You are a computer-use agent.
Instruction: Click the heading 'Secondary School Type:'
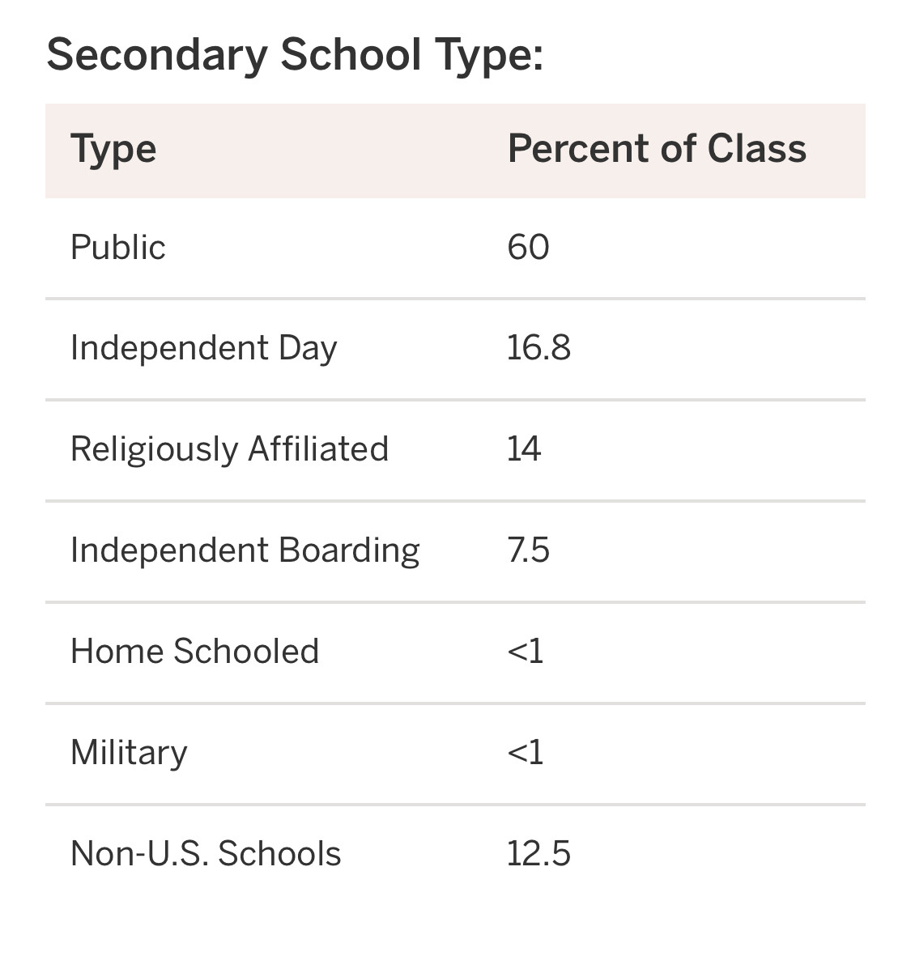coord(295,55)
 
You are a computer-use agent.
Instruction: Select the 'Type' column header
coord(113,150)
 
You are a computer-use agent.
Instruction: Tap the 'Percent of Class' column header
coord(657,149)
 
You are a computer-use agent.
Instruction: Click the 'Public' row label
coord(118,247)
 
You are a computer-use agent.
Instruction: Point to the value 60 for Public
coord(528,247)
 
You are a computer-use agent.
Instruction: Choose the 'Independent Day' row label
coord(203,349)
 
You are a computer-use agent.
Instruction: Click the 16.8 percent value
coord(539,348)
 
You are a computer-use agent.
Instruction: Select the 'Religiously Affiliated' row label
coord(229,449)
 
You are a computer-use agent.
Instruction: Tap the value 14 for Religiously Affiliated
coord(524,449)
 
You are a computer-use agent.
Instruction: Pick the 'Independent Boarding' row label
coord(245,550)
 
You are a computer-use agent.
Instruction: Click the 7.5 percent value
coord(528,550)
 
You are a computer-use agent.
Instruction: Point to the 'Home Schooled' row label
coord(194,652)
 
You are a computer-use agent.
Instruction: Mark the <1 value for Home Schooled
coord(525,652)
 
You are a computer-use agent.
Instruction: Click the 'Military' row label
coord(129,753)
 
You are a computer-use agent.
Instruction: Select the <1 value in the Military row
coord(525,753)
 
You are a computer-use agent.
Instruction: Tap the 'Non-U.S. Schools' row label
coord(206,854)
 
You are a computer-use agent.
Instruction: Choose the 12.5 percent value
coord(539,854)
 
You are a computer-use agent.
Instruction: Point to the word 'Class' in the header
coord(756,149)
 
